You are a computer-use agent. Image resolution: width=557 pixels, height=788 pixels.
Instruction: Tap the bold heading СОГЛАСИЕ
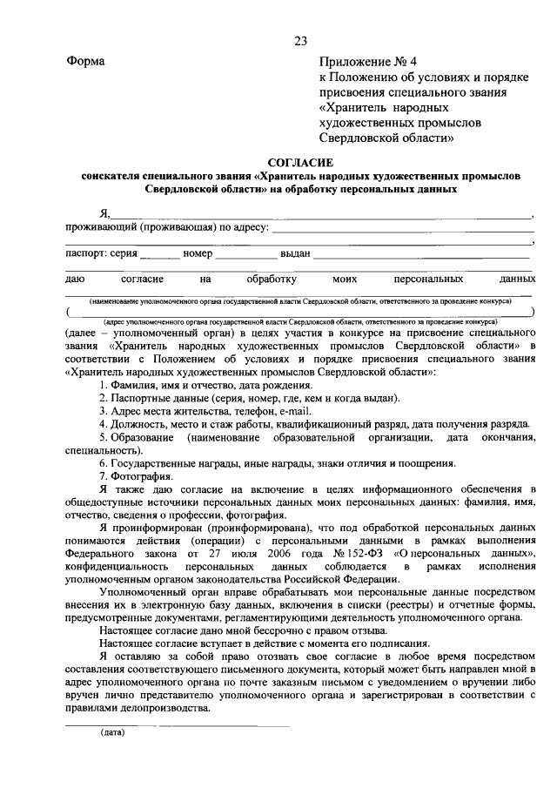click(299, 162)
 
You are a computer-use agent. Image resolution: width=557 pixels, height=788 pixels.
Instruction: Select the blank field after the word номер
click(245, 255)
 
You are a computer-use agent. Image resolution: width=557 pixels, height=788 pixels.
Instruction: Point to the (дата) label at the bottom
click(112, 732)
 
